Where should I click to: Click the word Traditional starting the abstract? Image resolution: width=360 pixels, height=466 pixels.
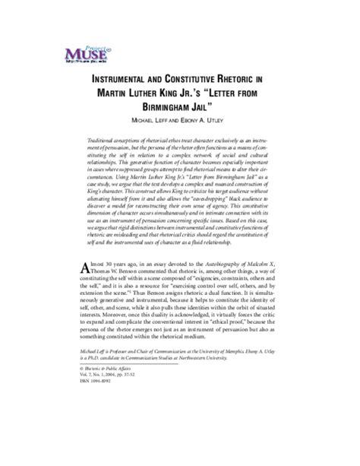click(106, 143)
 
